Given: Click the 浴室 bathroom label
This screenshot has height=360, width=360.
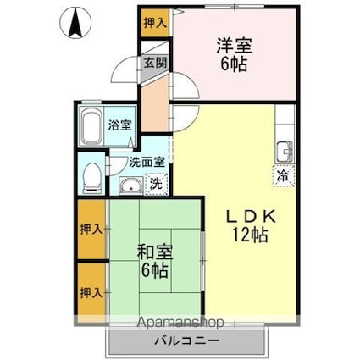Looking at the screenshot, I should (119, 125).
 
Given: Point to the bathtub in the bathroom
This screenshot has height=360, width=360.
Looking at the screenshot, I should (91, 127).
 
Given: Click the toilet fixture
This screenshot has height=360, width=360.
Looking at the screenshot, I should (92, 174).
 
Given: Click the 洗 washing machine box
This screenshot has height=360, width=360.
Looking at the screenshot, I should (155, 182).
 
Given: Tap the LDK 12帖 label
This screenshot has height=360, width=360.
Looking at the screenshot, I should (246, 226).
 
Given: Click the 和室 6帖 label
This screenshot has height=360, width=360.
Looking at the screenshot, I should (156, 261).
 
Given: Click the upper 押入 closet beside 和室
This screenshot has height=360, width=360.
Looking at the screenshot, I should (91, 229).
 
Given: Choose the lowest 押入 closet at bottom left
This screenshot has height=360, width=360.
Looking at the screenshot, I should (91, 293).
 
